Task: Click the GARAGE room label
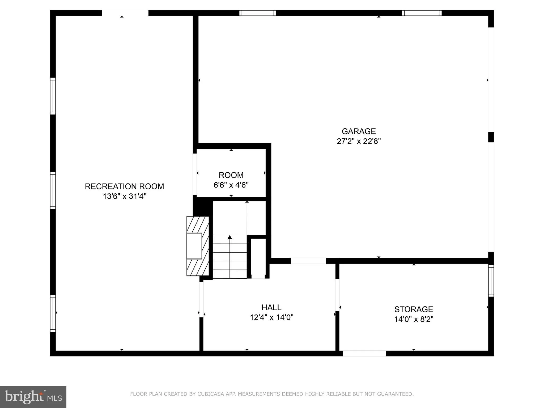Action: [359, 131]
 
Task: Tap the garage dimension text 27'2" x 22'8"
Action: [359, 141]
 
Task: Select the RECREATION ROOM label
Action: [124, 186]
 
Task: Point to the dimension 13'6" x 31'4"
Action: [125, 196]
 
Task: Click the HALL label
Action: [271, 307]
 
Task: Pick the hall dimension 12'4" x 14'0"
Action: [271, 317]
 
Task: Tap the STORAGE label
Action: [414, 309]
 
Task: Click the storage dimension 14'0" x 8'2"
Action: [414, 319]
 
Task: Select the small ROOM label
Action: [231, 175]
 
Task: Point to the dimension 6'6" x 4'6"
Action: [231, 185]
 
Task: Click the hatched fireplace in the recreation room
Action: [198, 246]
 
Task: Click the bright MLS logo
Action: [33, 397]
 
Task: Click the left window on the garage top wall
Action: [258, 13]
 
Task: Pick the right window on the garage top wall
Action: [422, 13]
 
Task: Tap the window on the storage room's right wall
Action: [491, 280]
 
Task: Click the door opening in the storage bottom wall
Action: [364, 353]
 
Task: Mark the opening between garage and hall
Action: [308, 261]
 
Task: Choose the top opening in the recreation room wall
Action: [125, 13]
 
